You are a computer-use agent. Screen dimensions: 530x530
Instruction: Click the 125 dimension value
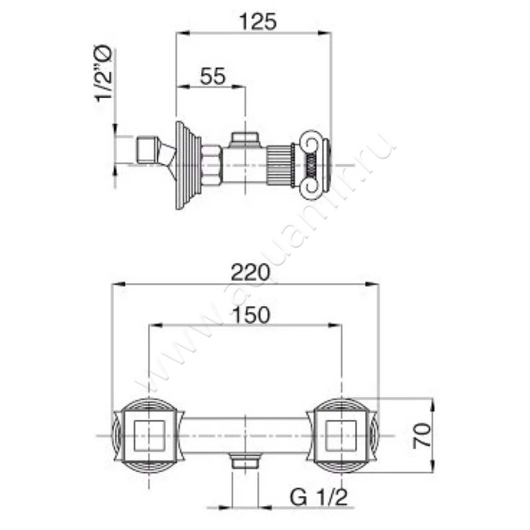[255, 23]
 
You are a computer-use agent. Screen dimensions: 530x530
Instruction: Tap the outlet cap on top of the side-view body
[244, 138]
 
